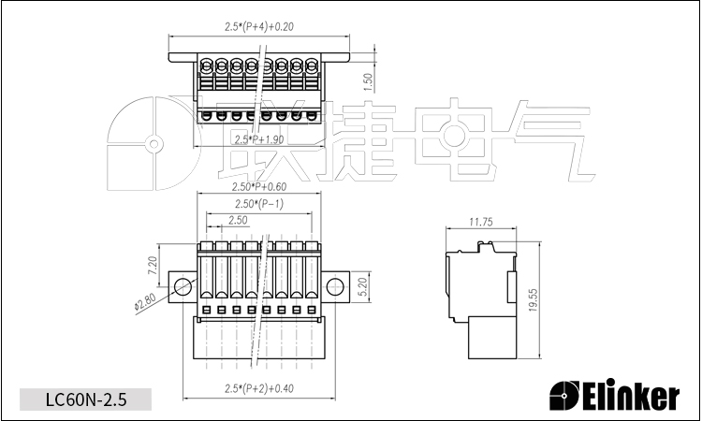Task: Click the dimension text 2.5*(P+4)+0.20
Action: pos(259,26)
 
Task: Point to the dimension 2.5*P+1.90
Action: pos(259,139)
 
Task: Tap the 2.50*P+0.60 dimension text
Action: pos(259,186)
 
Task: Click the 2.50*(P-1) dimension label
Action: pos(259,204)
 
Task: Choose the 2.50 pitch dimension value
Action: pos(238,220)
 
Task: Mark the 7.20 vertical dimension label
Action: pos(152,266)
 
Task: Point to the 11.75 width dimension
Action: pos(480,222)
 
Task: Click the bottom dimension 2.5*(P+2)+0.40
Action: pos(259,387)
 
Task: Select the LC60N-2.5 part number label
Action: pos(85,399)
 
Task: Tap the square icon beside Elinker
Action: pos(565,397)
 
